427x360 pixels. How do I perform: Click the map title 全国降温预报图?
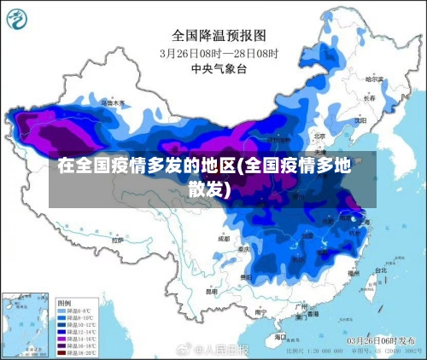[x=220, y=35]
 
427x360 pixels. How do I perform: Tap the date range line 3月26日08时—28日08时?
[x=219, y=52]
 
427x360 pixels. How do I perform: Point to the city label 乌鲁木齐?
[x=113, y=103]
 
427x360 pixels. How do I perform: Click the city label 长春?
[x=368, y=98]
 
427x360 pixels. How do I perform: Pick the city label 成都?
[x=224, y=239]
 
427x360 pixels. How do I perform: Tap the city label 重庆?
[x=245, y=249]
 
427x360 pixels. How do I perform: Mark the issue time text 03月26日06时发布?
[x=383, y=340]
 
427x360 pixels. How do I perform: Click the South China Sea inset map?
[x=26, y=324]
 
